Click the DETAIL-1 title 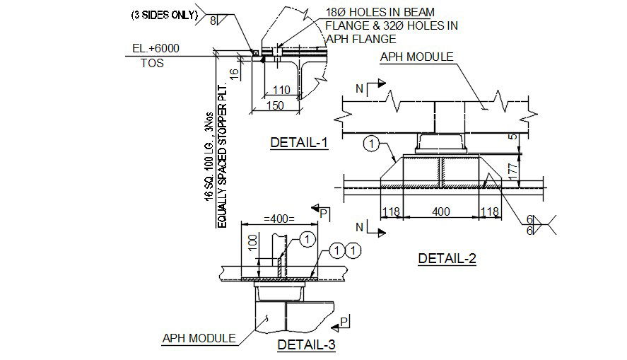point(300,143)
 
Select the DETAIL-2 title point(447,258)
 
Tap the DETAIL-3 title point(306,344)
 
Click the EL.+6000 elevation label point(156,49)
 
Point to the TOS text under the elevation point(151,63)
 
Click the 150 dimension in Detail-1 point(274,105)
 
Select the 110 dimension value point(281,91)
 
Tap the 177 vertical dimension point(515,171)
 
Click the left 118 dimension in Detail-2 point(391,211)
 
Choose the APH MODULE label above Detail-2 point(416,57)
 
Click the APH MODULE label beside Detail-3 point(199,338)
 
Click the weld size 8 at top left point(213,21)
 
